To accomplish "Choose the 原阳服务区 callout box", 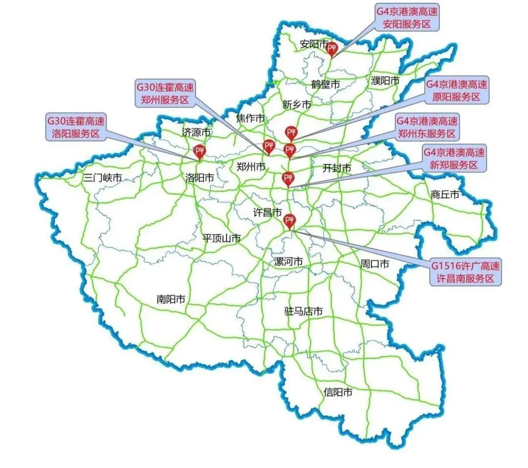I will pyautogui.click(x=456, y=90).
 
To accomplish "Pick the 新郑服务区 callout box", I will pyautogui.click(x=454, y=158).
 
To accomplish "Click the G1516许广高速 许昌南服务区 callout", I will pyautogui.click(x=465, y=272).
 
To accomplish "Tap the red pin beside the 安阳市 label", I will pyautogui.click(x=332, y=48).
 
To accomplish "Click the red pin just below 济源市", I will pyautogui.click(x=199, y=152).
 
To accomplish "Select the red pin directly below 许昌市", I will pyautogui.click(x=290, y=221).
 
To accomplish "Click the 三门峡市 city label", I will pyautogui.click(x=102, y=178).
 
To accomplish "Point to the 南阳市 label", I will pyautogui.click(x=171, y=299).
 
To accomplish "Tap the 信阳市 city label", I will pyautogui.click(x=338, y=392).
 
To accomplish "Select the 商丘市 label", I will pyautogui.click(x=445, y=194).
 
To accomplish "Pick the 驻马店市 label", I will pyautogui.click(x=303, y=311).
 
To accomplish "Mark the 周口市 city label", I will pyautogui.click(x=374, y=264).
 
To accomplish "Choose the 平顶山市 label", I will pyautogui.click(x=222, y=239).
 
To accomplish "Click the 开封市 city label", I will pyautogui.click(x=337, y=168).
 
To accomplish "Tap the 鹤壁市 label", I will pyautogui.click(x=325, y=84).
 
